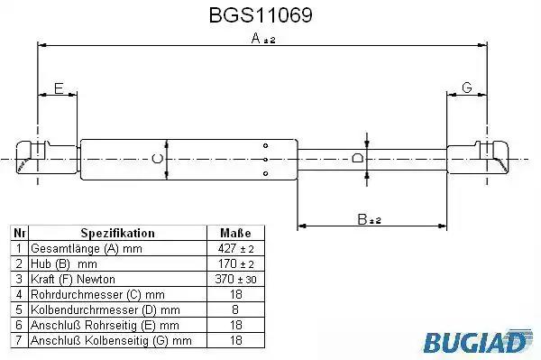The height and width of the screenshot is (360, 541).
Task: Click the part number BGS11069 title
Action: coord(261,15)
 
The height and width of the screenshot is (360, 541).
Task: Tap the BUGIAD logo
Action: coord(478,341)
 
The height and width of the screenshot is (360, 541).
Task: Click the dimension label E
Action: coord(59,88)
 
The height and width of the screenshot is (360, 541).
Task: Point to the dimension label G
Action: coord(467,88)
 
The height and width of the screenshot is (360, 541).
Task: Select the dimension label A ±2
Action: coord(263,38)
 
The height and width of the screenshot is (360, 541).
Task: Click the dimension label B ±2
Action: coord(369,219)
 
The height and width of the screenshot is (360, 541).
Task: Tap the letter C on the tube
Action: coord(157,159)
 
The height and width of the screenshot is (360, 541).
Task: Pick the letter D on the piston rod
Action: coord(358,159)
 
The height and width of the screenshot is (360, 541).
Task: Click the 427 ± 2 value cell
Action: coord(236,248)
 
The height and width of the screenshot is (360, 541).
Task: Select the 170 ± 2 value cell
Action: coord(236,263)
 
